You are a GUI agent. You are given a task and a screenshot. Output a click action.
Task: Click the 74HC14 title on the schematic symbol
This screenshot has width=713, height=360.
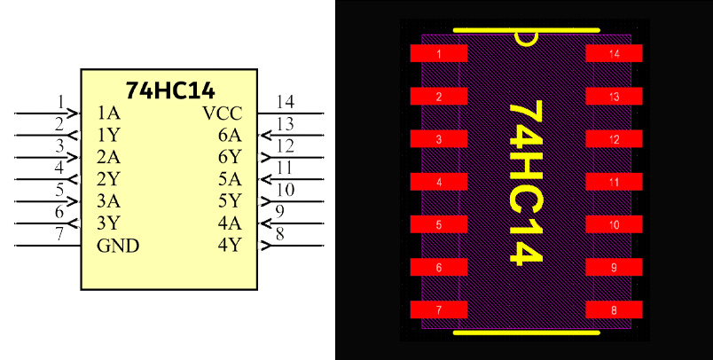[170, 90]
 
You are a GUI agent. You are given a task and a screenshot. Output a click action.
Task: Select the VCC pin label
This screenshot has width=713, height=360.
[222, 113]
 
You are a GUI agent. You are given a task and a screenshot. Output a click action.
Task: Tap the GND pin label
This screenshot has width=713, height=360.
[118, 246]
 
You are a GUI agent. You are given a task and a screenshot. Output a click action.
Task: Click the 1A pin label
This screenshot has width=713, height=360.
[108, 113]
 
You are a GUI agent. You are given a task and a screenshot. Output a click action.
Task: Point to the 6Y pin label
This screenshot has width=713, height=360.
[229, 157]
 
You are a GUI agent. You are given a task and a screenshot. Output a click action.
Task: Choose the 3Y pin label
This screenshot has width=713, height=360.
[108, 223]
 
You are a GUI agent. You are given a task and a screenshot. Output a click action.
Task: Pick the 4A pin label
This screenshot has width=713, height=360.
[229, 223]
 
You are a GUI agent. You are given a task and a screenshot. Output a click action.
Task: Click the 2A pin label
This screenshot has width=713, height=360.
[108, 157]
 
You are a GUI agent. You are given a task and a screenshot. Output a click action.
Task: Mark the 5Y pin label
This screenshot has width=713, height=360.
[229, 200]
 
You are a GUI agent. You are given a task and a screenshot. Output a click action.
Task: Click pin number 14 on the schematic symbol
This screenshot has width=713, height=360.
[285, 101]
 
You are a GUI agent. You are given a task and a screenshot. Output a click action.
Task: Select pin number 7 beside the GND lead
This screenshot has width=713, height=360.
[59, 234]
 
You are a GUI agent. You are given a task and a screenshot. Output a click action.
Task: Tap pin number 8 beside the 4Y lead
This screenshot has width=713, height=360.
[279, 234]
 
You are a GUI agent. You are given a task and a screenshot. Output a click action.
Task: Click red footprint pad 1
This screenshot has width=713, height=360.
[439, 54]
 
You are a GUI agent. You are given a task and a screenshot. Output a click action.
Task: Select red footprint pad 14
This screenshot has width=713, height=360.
[615, 54]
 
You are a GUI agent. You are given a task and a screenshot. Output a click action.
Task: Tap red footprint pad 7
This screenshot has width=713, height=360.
[439, 309]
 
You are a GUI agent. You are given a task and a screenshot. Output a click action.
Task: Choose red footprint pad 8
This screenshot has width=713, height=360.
[615, 309]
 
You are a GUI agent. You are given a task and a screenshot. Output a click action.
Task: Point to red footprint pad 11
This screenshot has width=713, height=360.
[615, 182]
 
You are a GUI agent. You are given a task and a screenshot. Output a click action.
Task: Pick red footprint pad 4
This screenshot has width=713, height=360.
[439, 182]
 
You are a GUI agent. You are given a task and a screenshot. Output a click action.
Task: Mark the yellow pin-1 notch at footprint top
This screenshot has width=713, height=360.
[526, 37]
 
